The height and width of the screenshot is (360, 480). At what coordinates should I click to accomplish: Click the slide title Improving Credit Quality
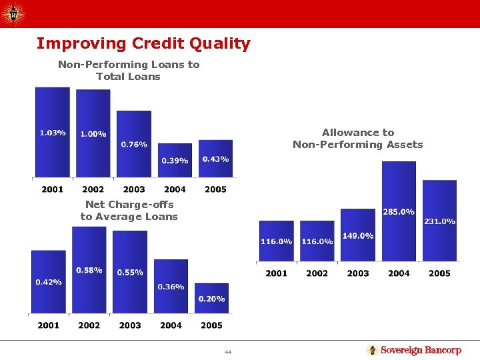click(143, 44)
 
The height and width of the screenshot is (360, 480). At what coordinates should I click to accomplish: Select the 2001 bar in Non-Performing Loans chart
click(52, 133)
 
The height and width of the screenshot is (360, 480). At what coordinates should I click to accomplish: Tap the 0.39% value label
click(175, 161)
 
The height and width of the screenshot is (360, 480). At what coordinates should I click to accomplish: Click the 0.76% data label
click(134, 145)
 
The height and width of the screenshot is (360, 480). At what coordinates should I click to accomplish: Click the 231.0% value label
click(439, 221)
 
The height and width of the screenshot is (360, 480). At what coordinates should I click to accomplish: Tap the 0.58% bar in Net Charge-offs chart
click(89, 270)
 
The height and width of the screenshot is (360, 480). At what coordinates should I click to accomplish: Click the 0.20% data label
click(211, 299)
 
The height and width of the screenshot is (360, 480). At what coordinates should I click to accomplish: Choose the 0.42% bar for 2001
click(48, 281)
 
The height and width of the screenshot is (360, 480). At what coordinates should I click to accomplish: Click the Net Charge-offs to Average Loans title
click(129, 211)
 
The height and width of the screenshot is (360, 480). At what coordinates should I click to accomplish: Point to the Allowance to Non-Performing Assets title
click(358, 139)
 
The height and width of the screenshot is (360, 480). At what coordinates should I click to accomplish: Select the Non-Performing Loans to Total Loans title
click(129, 71)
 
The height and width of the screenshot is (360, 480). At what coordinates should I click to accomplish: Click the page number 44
click(227, 351)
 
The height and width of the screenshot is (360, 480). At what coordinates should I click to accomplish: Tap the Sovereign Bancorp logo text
click(420, 351)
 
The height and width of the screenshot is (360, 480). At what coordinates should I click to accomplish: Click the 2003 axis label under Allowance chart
click(358, 273)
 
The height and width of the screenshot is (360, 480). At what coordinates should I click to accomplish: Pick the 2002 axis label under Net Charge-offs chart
click(89, 325)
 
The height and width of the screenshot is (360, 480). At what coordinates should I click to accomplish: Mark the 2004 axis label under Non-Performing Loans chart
click(175, 189)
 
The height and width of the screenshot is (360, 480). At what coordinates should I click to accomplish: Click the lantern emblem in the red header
click(13, 13)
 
